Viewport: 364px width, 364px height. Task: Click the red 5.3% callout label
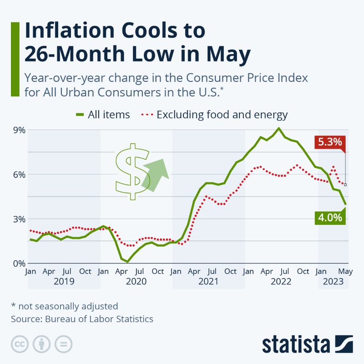click(x=330, y=142)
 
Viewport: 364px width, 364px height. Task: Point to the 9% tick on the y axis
click(x=18, y=130)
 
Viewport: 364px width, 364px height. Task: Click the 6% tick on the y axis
click(x=18, y=174)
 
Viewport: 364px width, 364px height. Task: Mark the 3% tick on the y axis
click(x=18, y=219)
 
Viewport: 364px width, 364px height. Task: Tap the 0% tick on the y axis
click(x=18, y=263)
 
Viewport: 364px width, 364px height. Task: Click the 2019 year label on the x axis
click(x=64, y=281)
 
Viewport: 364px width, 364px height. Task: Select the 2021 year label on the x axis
click(x=209, y=281)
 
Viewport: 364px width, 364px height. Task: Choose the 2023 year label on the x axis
click(x=334, y=281)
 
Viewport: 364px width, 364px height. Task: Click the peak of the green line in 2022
click(x=278, y=128)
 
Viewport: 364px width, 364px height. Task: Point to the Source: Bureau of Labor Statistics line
click(x=82, y=319)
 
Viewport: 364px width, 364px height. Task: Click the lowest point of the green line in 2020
click(x=127, y=262)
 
